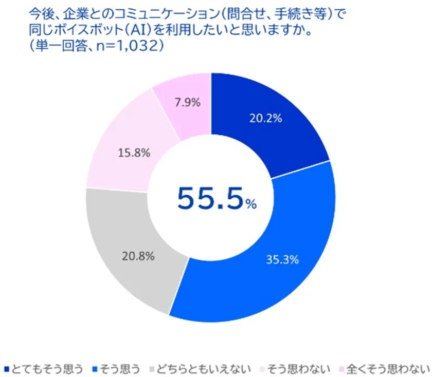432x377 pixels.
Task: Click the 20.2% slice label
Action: click(x=266, y=119)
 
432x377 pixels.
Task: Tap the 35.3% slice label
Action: click(x=282, y=259)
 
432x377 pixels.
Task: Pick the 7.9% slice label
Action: click(x=187, y=102)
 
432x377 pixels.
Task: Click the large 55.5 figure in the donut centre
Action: click(x=210, y=198)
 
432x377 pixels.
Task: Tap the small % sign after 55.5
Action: click(x=250, y=204)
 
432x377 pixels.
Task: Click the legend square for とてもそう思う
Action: click(x=7, y=369)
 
